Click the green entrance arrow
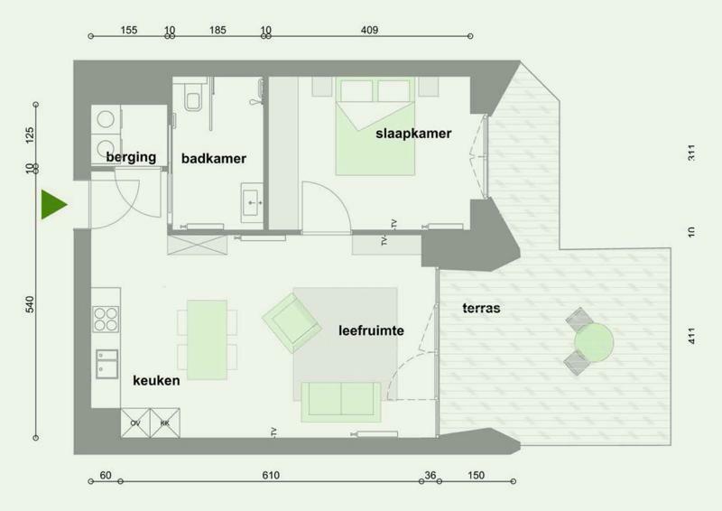click(51, 204)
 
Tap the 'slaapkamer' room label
click(413, 134)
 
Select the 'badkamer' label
click(214, 159)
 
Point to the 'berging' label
click(131, 157)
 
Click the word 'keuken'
click(156, 381)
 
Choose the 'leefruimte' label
click(371, 330)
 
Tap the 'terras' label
click(481, 308)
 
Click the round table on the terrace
click(594, 342)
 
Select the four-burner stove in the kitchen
click(106, 320)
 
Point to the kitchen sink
click(106, 364)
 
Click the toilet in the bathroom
click(192, 98)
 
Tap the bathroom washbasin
click(252, 203)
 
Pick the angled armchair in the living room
click(292, 323)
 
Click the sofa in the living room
click(341, 402)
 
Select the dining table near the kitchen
click(208, 339)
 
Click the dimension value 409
click(369, 30)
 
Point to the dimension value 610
click(271, 475)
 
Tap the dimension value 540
click(30, 304)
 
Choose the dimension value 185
click(218, 30)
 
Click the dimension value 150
click(476, 475)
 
